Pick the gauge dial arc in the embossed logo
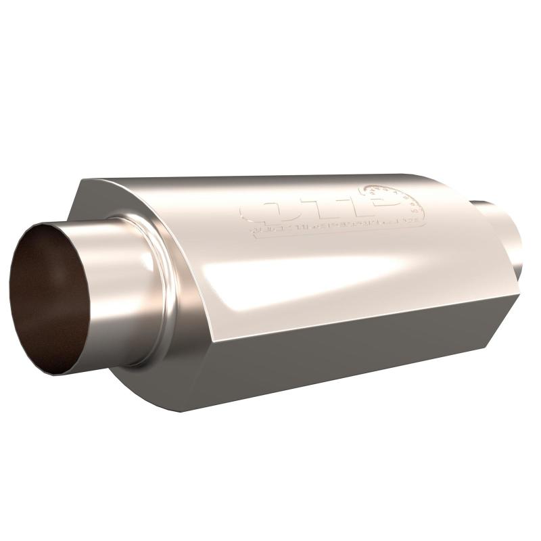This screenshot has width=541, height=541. point(396,196)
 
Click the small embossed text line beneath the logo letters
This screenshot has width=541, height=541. point(331,226)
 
